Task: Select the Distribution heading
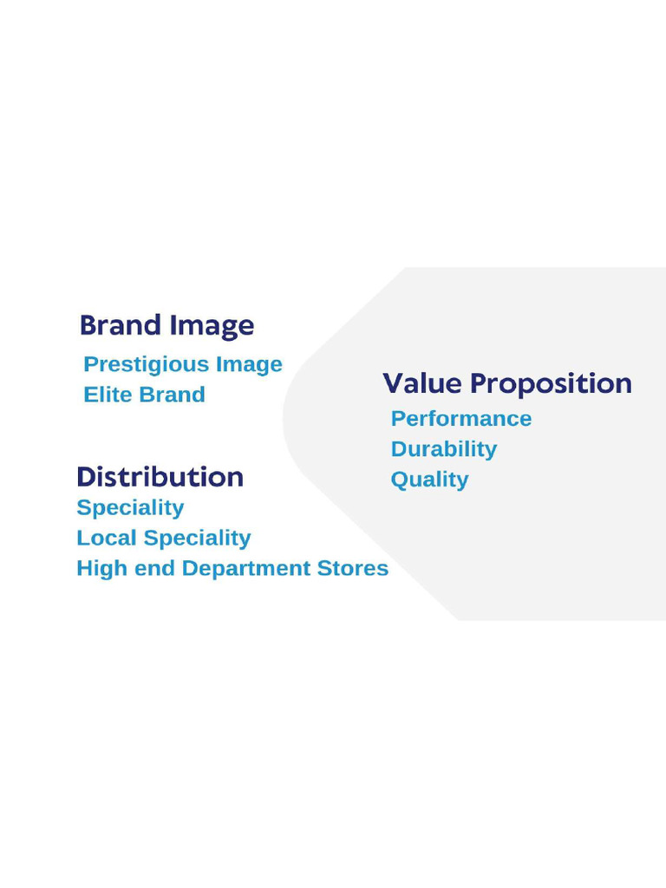click(x=160, y=477)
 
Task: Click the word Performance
click(x=461, y=419)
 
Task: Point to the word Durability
click(x=444, y=449)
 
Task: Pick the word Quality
click(x=429, y=480)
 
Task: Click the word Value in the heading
click(x=423, y=383)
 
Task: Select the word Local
click(x=106, y=538)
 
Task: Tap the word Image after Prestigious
click(x=249, y=364)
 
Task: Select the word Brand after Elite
click(x=172, y=395)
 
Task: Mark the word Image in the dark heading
click(x=212, y=327)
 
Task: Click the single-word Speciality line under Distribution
click(x=130, y=508)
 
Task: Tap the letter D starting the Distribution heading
click(x=86, y=477)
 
